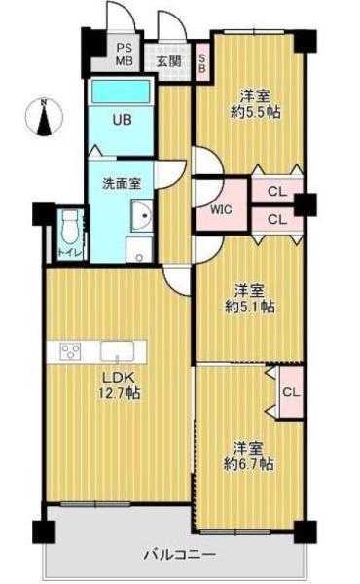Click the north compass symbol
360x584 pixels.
tap(44, 117)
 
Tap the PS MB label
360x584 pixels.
tap(124, 55)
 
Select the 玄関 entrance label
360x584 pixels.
tap(168, 61)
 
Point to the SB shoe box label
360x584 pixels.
tap(201, 63)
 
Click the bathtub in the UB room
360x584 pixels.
tap(121, 91)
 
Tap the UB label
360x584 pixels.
tap(123, 120)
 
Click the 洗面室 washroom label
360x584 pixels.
tap(122, 183)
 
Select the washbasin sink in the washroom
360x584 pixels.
tap(143, 215)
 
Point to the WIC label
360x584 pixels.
tap(221, 209)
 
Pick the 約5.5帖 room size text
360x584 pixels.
tap(255, 111)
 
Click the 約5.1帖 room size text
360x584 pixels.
tap(250, 307)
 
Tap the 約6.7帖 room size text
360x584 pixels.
tap(249, 463)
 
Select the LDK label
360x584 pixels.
tap(118, 378)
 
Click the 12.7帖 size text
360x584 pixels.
tap(119, 393)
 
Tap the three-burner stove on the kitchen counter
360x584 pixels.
tap(70, 351)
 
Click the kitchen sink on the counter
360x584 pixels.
tap(118, 351)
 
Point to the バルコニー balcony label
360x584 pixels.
tap(179, 555)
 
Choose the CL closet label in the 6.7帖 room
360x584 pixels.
tap(291, 392)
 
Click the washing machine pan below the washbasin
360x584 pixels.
tap(139, 249)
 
